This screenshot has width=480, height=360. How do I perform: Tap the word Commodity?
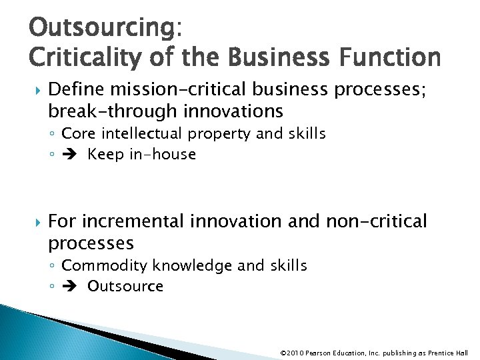pyautogui.click(x=105, y=265)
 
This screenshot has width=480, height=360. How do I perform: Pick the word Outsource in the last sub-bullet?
pyautogui.click(x=125, y=287)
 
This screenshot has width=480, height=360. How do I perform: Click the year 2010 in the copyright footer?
pyautogui.click(x=293, y=353)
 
